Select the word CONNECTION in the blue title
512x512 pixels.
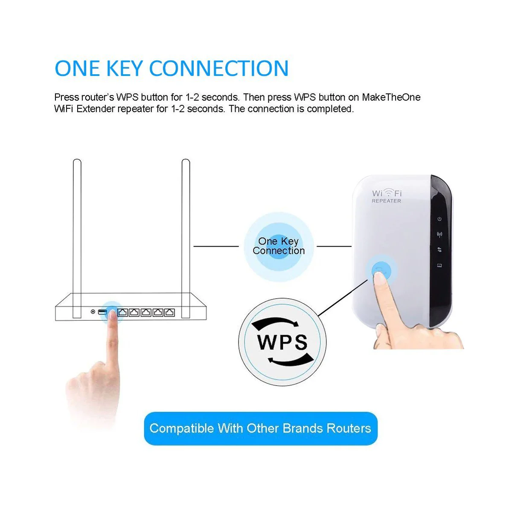click(219, 69)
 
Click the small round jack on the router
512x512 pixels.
click(93, 312)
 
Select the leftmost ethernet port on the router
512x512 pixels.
click(122, 312)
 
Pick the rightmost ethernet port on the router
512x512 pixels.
click(170, 312)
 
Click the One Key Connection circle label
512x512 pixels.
click(279, 246)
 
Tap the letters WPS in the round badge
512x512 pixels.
click(282, 342)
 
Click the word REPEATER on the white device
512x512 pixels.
click(386, 201)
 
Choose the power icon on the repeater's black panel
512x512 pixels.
click(439, 219)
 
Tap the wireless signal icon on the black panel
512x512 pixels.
click(439, 234)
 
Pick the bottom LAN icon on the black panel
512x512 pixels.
click(439, 265)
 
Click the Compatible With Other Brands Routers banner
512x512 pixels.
click(261, 428)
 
